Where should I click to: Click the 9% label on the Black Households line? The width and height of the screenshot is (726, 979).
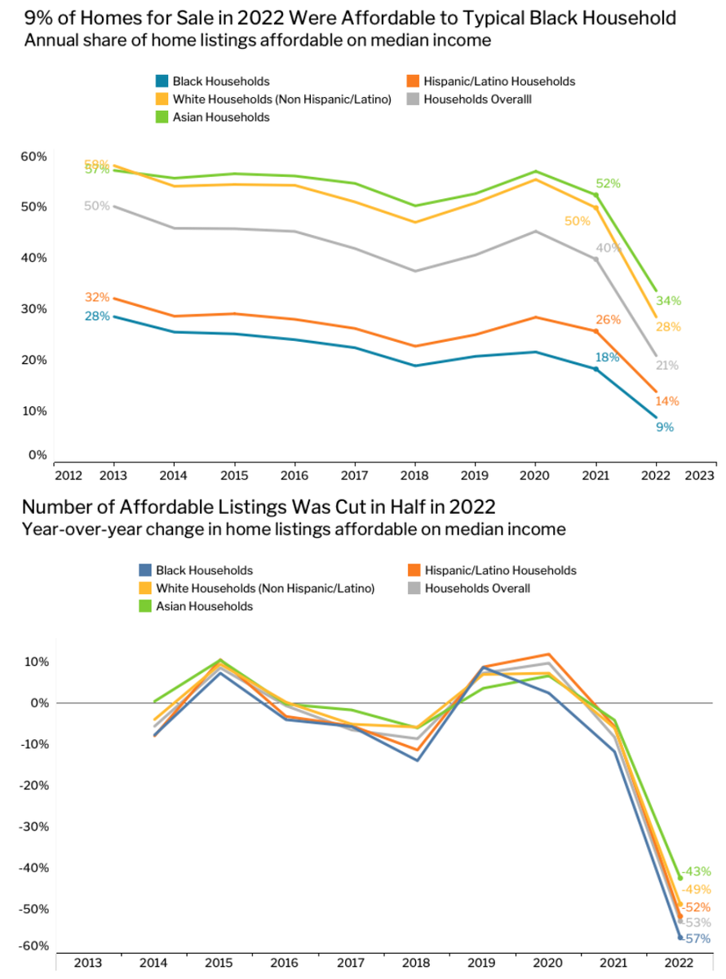[x=665, y=427]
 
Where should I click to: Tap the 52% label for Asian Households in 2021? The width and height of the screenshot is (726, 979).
[x=609, y=184]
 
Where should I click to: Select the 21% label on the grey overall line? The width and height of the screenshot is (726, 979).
[x=667, y=365]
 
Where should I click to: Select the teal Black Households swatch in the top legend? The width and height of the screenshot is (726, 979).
[x=162, y=82]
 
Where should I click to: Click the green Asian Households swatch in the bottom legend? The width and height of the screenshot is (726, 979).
[x=145, y=606]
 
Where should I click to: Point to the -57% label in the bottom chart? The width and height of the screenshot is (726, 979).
[x=698, y=939]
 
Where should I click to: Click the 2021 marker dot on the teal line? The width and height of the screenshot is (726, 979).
[x=596, y=370]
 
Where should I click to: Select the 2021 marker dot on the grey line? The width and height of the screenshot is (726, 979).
[x=596, y=259]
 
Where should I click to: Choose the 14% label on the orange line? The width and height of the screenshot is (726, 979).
[x=667, y=401]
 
